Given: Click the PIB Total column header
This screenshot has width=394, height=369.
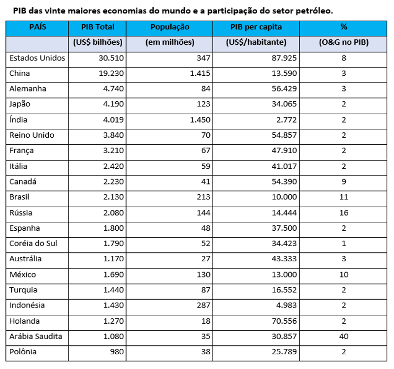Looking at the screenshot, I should pos(98,28).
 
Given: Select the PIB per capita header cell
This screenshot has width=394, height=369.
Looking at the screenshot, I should pos(256,28).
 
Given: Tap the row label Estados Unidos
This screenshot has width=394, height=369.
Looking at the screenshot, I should pos(37,58).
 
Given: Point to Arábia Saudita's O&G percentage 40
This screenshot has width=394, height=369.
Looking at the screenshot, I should pos(343,337).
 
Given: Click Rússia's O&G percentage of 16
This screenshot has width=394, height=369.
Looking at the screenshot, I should pos(343,213).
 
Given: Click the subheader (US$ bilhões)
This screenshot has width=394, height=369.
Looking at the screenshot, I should pos(98,43).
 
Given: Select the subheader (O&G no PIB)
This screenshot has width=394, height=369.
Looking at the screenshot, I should pos(343,43).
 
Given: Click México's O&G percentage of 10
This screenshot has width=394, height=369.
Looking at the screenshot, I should pos(343,275).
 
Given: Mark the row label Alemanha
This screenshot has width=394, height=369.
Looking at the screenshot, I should pos(28,89).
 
